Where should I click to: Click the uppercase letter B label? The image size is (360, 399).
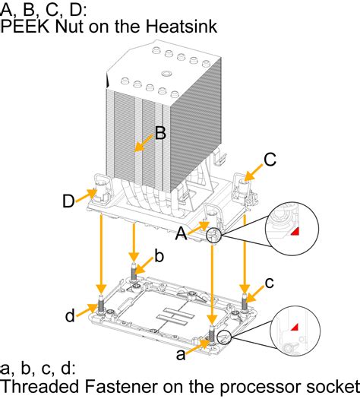[x=160, y=133]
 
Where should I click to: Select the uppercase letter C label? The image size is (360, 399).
[x=270, y=160]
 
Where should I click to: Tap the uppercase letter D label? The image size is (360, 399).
[x=68, y=201]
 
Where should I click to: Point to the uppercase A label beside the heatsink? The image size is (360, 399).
[x=181, y=233]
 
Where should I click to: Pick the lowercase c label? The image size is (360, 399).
[x=270, y=283]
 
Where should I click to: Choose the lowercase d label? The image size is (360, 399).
[x=70, y=315]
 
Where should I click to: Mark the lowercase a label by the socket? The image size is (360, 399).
[x=181, y=354]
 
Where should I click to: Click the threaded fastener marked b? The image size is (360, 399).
[x=134, y=272]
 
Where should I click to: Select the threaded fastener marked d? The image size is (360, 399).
[x=101, y=303]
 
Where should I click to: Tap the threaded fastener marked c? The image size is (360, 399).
[x=245, y=301]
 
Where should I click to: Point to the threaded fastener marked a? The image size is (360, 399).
[x=212, y=333]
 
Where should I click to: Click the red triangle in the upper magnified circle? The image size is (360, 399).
[x=295, y=232]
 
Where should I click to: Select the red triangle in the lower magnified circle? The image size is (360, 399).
[x=295, y=328]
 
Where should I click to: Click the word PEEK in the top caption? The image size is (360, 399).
[x=25, y=26]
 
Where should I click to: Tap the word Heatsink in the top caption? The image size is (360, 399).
[x=182, y=26]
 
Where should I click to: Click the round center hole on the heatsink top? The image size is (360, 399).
[x=166, y=74]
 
